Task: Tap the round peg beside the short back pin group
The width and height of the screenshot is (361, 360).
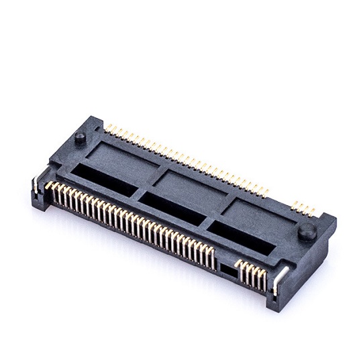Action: (307, 231)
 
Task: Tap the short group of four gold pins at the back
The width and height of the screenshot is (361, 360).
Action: (303, 207)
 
